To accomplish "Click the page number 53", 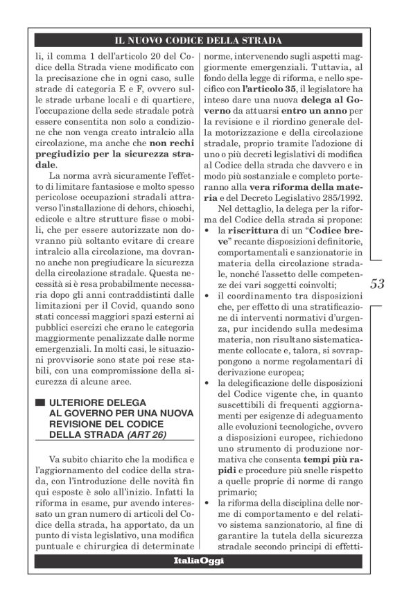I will coord(377,283).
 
